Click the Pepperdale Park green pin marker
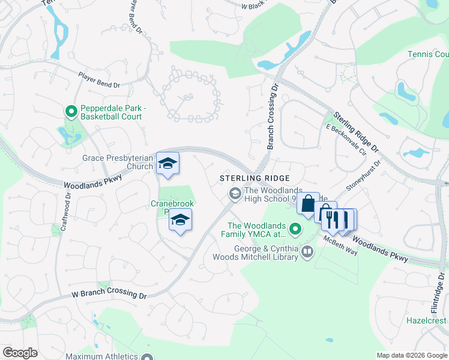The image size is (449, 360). (71, 111)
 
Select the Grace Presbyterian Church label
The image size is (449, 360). (118, 163)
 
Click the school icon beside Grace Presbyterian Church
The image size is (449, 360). (167, 163)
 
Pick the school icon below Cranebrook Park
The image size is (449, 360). (180, 220)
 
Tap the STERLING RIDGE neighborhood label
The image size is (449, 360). (255, 178)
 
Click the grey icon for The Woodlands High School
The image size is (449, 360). (234, 193)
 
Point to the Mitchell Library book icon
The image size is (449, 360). (307, 251)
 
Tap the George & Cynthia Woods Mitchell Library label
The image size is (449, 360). (256, 253)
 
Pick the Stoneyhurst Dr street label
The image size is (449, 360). (363, 176)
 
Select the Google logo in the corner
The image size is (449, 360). (20, 353)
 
